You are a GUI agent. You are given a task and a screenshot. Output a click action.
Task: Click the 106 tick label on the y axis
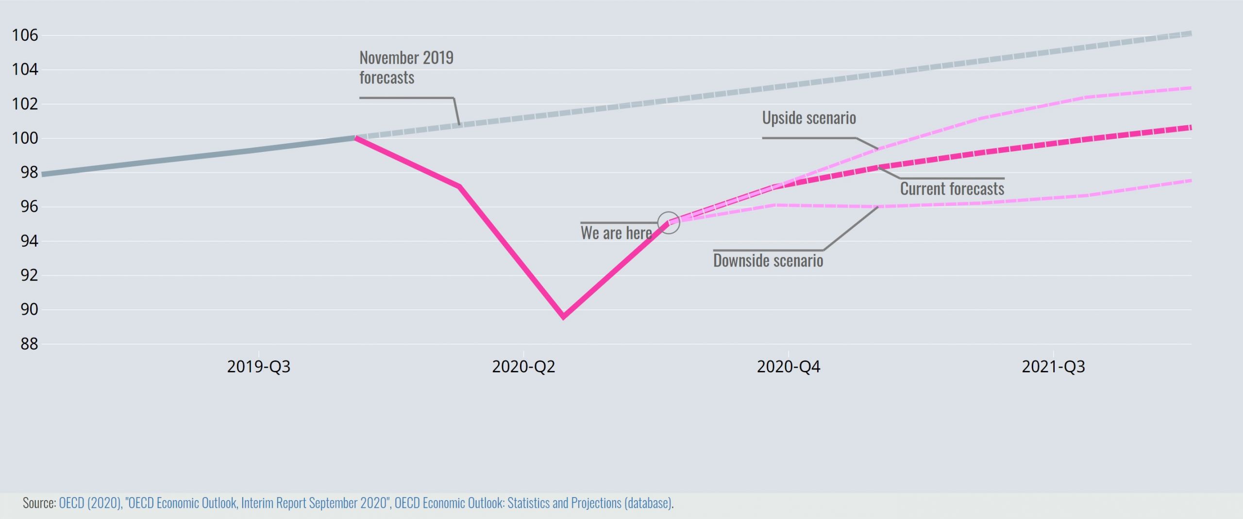click(x=25, y=35)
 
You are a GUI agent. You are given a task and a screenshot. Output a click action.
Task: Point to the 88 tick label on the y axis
click(x=29, y=344)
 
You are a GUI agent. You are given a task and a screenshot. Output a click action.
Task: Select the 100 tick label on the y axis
click(x=25, y=138)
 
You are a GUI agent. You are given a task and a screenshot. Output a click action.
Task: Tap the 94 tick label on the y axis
click(x=29, y=241)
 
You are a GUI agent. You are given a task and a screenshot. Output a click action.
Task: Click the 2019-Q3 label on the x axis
click(x=258, y=367)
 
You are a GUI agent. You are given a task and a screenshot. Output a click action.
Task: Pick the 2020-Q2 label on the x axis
click(x=523, y=367)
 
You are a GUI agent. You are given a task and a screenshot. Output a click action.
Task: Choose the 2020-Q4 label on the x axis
click(x=788, y=367)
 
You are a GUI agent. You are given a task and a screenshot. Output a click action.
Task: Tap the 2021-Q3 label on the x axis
click(x=1053, y=367)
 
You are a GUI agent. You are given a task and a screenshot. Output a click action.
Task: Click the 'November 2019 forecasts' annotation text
click(x=406, y=67)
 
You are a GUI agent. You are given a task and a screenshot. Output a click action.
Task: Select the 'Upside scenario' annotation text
click(x=809, y=118)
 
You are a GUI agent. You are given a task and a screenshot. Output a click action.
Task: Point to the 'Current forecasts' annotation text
click(x=952, y=189)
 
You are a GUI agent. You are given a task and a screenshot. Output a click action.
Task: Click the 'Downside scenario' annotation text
click(x=768, y=261)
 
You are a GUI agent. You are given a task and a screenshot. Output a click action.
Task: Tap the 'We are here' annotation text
click(x=616, y=233)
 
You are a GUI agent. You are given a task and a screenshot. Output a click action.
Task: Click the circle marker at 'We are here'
click(x=669, y=223)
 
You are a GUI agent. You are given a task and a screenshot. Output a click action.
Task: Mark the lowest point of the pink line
click(x=563, y=317)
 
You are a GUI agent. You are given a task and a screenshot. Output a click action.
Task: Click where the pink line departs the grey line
click(x=356, y=138)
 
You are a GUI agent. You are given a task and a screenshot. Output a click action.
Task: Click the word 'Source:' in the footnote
click(x=39, y=503)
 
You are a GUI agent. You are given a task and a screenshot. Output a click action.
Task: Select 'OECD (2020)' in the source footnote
click(x=90, y=503)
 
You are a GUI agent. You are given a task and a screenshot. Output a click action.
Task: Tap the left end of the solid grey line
click(x=43, y=174)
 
